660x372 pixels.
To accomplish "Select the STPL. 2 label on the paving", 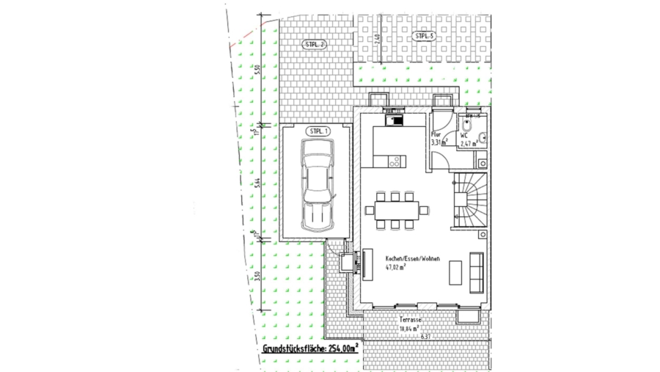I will click(x=315, y=45).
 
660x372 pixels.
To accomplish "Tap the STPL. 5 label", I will click(x=423, y=35).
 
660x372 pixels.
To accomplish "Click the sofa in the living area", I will click(x=477, y=270).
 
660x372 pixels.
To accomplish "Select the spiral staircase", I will click(x=467, y=198).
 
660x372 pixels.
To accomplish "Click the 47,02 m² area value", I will click(x=397, y=268).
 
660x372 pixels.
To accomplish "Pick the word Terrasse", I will click(x=411, y=321).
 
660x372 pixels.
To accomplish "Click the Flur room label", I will click(x=435, y=135).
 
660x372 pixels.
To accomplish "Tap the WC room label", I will click(x=464, y=136).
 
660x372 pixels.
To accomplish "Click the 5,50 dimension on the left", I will click(x=257, y=71).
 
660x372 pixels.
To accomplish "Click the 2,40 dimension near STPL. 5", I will click(x=376, y=39).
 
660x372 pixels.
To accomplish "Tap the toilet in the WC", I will click(x=484, y=136).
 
